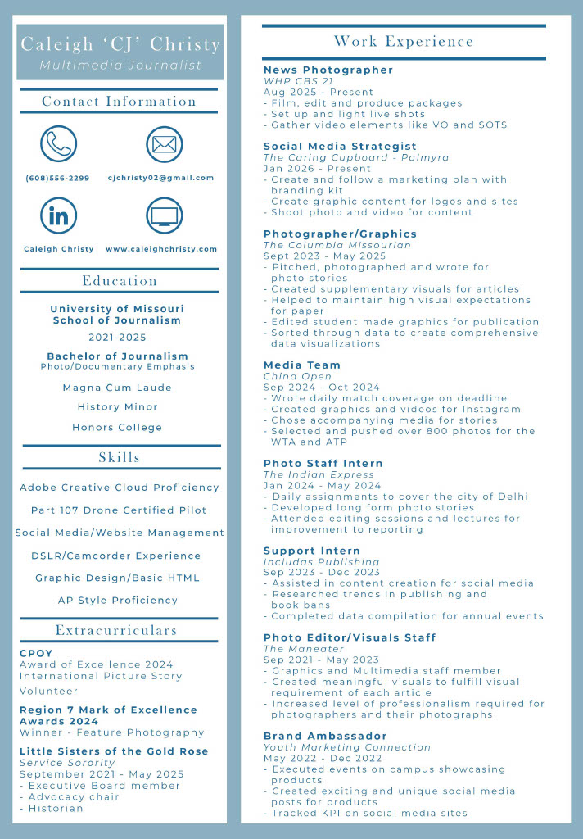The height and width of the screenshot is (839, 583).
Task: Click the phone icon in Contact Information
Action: tap(58, 144)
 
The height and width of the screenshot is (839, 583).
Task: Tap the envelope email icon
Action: tap(164, 144)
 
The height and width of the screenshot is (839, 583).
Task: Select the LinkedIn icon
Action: tap(58, 215)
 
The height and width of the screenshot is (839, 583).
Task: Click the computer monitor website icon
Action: tap(164, 215)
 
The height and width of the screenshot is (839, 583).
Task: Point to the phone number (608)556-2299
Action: tap(57, 178)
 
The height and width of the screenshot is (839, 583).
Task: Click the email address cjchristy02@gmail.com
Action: tap(160, 178)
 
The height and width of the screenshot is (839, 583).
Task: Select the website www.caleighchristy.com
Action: tap(161, 249)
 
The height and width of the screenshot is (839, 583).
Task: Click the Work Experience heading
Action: tap(404, 41)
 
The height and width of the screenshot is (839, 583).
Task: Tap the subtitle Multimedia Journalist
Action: tap(120, 65)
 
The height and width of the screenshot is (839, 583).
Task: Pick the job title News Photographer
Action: tap(328, 70)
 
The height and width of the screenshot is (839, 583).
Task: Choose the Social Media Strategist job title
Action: tap(340, 146)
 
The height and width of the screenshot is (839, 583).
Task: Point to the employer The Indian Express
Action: tap(319, 474)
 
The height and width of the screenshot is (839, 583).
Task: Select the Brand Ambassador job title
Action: tap(325, 736)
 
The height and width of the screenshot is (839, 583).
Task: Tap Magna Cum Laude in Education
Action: tap(117, 388)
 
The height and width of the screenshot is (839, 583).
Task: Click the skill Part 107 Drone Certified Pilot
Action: tap(119, 510)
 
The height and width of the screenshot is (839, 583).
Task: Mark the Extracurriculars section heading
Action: tap(116, 630)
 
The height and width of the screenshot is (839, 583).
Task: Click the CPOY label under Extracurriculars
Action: tap(36, 653)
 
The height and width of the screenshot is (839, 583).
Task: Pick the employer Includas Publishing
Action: tap(321, 562)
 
